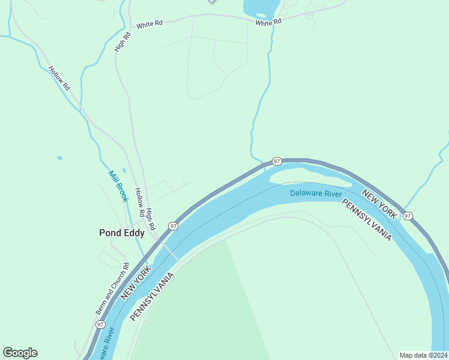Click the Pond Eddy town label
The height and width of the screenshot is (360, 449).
(x=121, y=233)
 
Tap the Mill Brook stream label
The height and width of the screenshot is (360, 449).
(x=118, y=186)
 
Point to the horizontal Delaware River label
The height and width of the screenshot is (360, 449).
(x=316, y=193)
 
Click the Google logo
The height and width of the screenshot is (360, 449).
(x=20, y=353)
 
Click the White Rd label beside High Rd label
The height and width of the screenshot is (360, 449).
(x=149, y=25)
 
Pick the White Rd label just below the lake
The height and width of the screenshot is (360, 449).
(x=268, y=22)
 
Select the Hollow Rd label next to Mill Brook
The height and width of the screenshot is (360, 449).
(x=139, y=202)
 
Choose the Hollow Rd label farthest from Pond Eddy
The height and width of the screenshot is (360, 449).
(x=59, y=77)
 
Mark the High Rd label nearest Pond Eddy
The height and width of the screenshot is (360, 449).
(x=151, y=219)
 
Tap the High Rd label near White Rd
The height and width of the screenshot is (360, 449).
(x=122, y=41)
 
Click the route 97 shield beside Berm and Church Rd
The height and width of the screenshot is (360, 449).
(x=100, y=324)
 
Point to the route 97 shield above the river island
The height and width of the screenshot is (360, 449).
(x=276, y=161)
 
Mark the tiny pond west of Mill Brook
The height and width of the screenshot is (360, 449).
(x=59, y=158)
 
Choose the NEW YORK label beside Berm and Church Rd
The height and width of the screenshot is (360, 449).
(x=134, y=283)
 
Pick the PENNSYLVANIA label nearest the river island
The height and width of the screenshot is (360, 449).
(x=366, y=220)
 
